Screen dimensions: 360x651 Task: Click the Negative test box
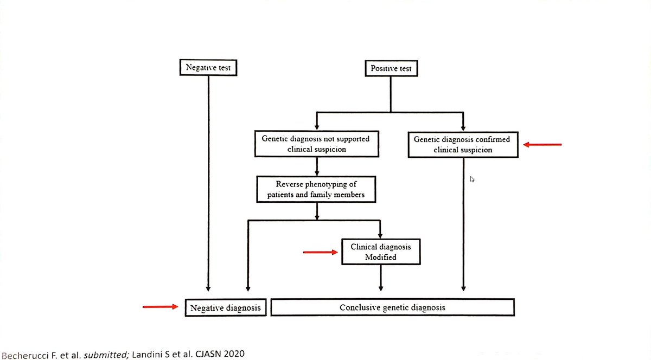[208, 68]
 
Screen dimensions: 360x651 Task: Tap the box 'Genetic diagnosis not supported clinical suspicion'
[315, 143]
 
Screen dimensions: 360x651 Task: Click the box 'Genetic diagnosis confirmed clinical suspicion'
[462, 145]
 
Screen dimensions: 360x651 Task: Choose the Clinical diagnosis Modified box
[380, 252]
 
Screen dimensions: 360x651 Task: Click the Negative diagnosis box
[225, 307]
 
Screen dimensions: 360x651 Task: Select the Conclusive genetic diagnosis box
[392, 307]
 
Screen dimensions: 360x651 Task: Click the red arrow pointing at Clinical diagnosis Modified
[320, 252]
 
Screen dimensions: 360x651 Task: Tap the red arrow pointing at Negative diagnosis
[161, 307]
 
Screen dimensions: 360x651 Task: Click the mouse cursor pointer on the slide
[472, 179]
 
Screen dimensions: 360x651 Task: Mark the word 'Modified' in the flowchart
[380, 257]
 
